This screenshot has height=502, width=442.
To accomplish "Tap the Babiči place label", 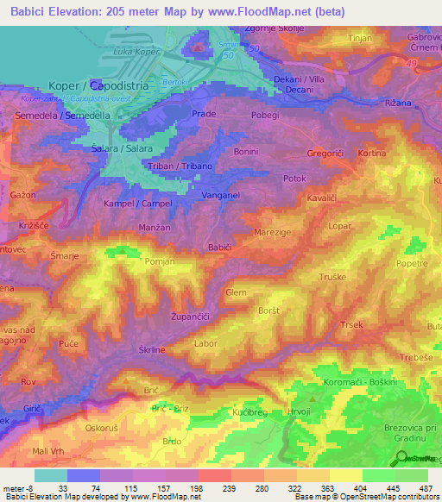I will click(219, 248).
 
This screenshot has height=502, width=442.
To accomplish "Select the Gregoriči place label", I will click(326, 154).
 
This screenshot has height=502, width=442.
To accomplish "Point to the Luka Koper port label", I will click(138, 53).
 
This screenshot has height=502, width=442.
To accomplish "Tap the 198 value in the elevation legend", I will click(182, 488).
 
